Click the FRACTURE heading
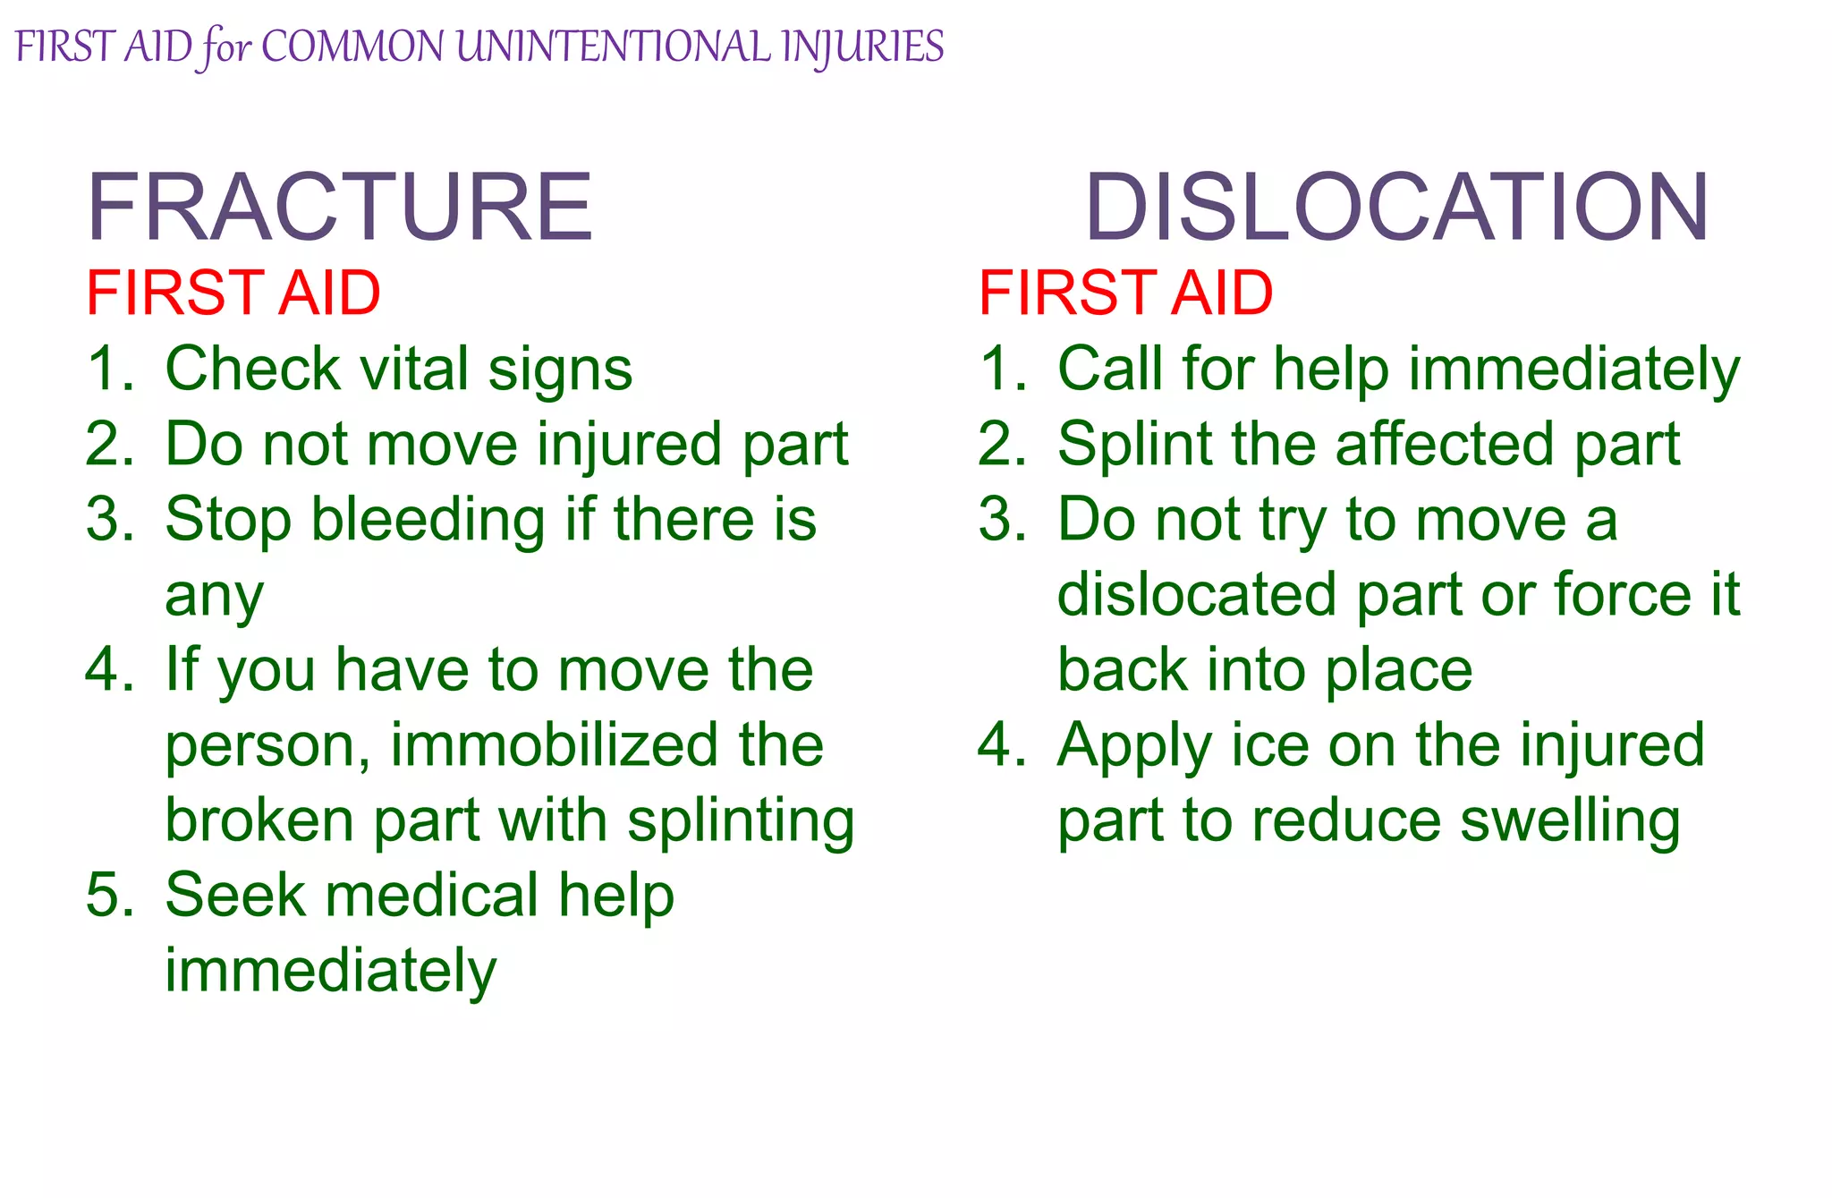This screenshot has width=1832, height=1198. coord(339,208)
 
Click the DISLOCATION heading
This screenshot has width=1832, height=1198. coord(1396,208)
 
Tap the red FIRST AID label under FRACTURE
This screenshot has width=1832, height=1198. coord(233,293)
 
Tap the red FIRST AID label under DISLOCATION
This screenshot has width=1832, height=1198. coord(1125,293)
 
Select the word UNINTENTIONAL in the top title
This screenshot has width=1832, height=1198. coord(613,47)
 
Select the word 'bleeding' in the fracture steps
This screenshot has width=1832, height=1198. coord(428,520)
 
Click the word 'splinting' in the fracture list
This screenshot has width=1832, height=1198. coord(741,821)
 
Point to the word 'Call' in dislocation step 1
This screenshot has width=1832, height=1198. coord(1109,369)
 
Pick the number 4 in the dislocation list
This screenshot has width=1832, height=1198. coord(999,745)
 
